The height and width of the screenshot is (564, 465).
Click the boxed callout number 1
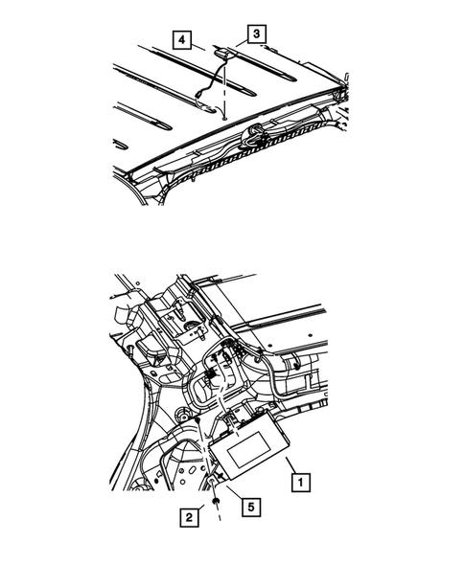[300, 482]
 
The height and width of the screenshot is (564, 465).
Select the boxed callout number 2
[189, 518]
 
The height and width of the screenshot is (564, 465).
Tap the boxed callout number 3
[256, 34]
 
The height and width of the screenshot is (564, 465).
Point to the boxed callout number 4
[182, 39]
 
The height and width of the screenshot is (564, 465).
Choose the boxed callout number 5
[251, 507]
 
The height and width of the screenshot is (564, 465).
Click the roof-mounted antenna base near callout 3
[222, 53]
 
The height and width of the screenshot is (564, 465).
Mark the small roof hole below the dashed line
[224, 117]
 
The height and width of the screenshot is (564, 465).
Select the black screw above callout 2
[216, 501]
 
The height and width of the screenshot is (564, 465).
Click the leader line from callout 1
[291, 465]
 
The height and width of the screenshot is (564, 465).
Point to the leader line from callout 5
[235, 491]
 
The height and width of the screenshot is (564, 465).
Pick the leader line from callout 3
[242, 44]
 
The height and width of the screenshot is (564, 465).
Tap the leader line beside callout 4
[198, 47]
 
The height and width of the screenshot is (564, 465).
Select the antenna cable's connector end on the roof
[198, 96]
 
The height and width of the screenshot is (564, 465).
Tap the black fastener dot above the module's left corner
[197, 420]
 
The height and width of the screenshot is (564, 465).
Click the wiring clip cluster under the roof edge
[255, 137]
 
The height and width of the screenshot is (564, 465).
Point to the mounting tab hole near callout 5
[212, 482]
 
